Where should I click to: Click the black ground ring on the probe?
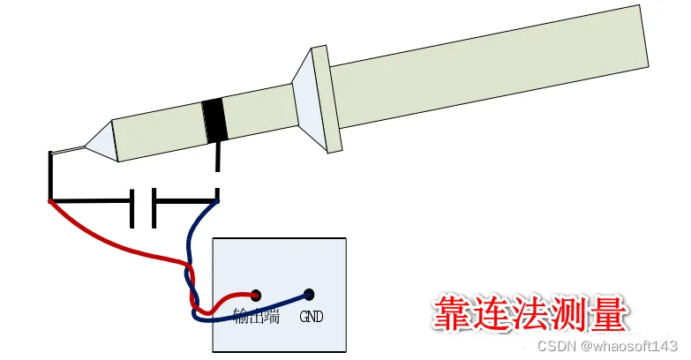(214, 121)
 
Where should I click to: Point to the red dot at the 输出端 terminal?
(257, 295)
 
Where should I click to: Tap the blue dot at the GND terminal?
(309, 295)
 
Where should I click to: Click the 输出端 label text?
(256, 317)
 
